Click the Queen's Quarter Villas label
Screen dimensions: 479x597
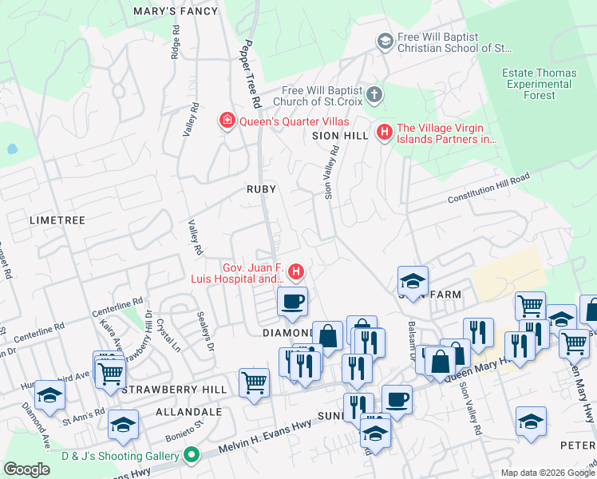coord(285,121)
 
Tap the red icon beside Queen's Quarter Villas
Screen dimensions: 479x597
coord(227,121)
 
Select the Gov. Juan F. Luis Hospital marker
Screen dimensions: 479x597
coord(296,273)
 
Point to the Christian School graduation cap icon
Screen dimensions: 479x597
coord(385,41)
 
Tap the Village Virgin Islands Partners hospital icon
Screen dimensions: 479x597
coord(385,132)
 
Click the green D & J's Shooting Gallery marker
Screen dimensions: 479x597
coord(191,456)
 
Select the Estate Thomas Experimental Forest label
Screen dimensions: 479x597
coord(539,84)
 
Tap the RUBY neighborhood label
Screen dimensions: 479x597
coord(261,189)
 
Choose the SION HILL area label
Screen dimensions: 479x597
coord(341,136)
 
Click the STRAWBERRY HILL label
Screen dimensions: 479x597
coord(168,390)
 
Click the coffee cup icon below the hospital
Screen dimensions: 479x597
coord(292,302)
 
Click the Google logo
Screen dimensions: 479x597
coord(26,469)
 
